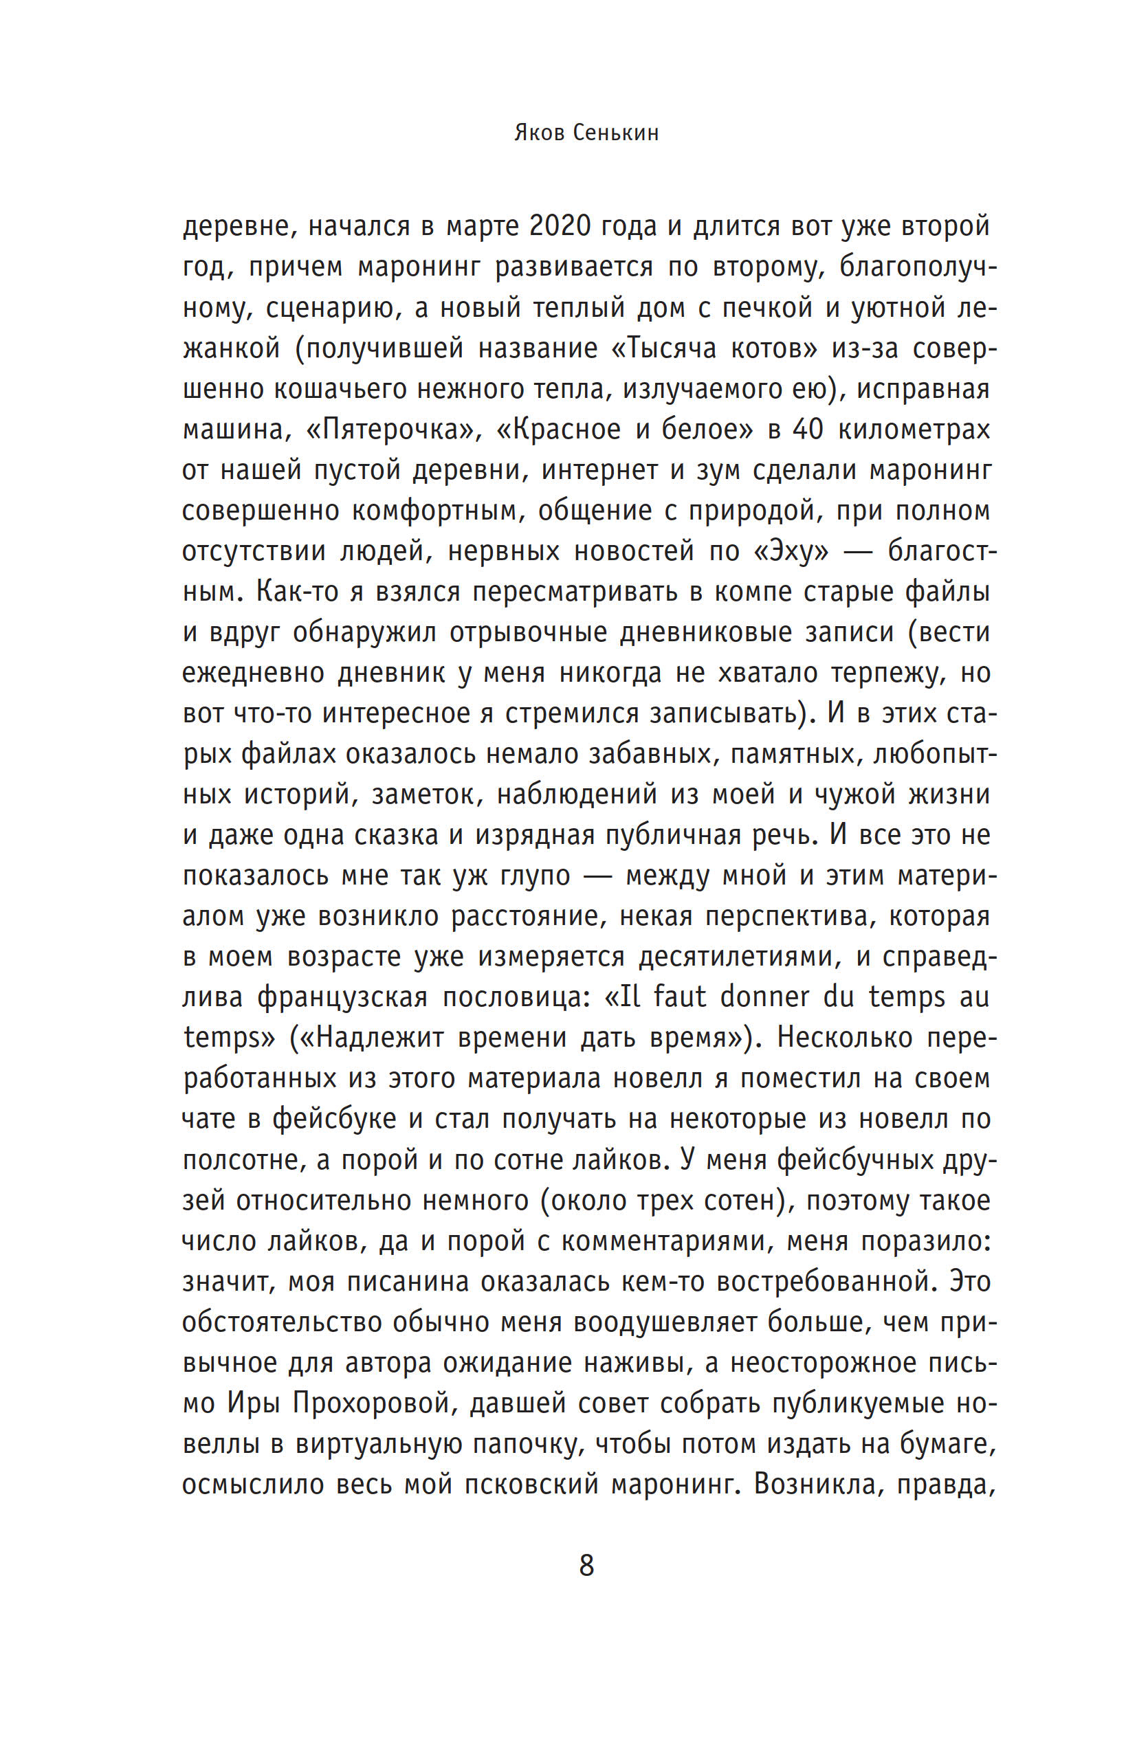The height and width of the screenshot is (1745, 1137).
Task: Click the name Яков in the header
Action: point(538,133)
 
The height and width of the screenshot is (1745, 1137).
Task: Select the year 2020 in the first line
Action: point(560,227)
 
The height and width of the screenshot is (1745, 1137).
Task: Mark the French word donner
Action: point(755,997)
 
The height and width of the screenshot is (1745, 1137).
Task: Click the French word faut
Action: point(679,997)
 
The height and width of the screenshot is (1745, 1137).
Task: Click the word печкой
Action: point(767,307)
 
